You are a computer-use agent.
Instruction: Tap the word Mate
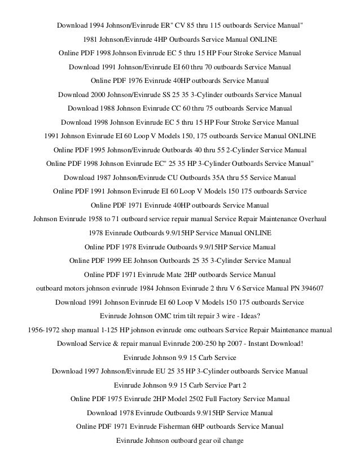coord(177,275)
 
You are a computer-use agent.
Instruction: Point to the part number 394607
coord(311,288)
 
